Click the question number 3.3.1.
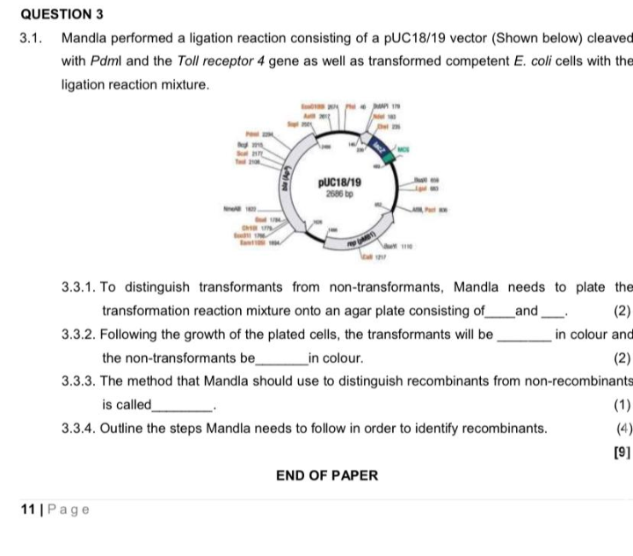[x=80, y=287]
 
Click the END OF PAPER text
[x=327, y=476]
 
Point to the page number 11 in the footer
[x=28, y=509]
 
